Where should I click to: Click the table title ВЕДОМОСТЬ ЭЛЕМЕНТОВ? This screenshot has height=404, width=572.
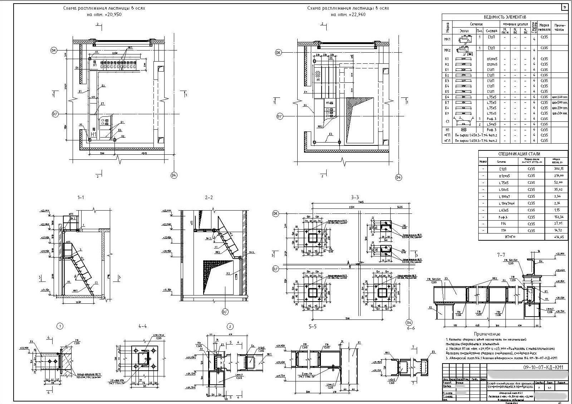pos(505,17)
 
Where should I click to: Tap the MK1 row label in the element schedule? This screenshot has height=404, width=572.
pos(447,39)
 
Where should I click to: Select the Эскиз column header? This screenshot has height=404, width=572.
pos(464,31)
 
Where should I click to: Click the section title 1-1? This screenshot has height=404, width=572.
pos(81,197)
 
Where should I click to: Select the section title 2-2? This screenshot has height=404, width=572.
pos(209,197)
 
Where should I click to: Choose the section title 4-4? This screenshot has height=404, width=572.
pos(142,326)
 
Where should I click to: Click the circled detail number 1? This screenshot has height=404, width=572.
pos(60,326)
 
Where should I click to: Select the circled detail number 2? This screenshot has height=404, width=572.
pos(230,326)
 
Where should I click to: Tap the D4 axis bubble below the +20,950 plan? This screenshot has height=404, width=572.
pos(174,175)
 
